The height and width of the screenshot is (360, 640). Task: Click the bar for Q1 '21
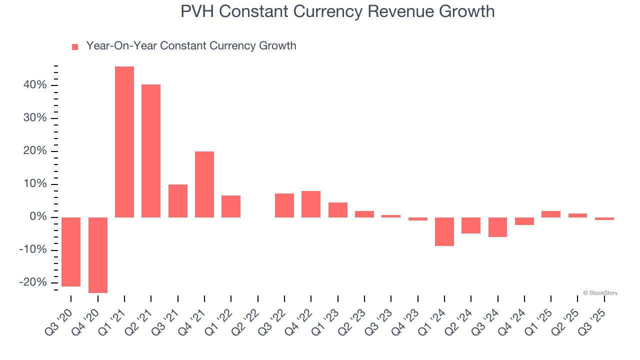pyautogui.click(x=124, y=142)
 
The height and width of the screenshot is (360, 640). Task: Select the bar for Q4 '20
pyautogui.click(x=98, y=255)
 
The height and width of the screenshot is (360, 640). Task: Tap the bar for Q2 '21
pyautogui.click(x=151, y=151)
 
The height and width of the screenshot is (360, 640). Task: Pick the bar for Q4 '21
pyautogui.click(x=204, y=184)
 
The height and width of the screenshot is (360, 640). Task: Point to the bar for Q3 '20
pyautogui.click(x=71, y=252)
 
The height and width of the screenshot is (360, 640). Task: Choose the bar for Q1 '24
pyautogui.click(x=444, y=231)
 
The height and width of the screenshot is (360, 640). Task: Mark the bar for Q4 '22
pyautogui.click(x=311, y=204)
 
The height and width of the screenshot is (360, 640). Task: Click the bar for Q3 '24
pyautogui.click(x=497, y=227)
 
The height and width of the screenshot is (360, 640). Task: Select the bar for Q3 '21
pyautogui.click(x=178, y=201)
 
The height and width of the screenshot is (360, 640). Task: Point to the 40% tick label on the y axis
pyautogui.click(x=35, y=85)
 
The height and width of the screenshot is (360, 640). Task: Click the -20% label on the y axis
pyautogui.click(x=33, y=283)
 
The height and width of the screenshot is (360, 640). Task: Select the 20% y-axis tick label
pyautogui.click(x=35, y=151)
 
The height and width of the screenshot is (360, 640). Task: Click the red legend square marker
pyautogui.click(x=75, y=47)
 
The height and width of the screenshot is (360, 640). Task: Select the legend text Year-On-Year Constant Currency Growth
pyautogui.click(x=191, y=46)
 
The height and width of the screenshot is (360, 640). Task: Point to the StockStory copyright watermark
pyautogui.click(x=600, y=293)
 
